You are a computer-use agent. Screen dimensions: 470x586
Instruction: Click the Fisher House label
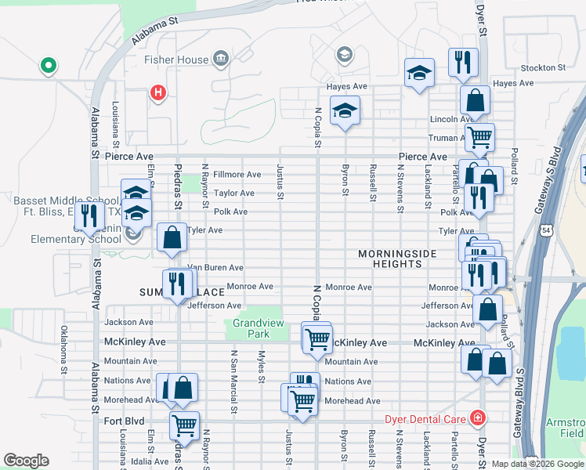pos(176,60)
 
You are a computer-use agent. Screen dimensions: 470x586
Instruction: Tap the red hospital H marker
pos(158,93)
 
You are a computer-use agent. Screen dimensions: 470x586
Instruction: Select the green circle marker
pos(48,66)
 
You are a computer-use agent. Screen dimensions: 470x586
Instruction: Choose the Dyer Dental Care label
pos(425,418)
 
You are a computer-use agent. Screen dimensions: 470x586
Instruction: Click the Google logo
pos(26,461)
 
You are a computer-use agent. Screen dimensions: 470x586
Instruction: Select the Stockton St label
pos(542,68)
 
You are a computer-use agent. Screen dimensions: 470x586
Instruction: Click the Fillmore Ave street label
pos(237,174)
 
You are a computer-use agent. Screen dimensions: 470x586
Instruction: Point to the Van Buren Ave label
pos(215,268)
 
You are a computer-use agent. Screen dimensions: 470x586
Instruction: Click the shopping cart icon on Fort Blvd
pos(184,425)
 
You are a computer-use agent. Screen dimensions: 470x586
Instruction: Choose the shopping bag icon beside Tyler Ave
pos(172,237)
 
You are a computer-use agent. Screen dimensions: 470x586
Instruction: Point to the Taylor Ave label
pos(234,193)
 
